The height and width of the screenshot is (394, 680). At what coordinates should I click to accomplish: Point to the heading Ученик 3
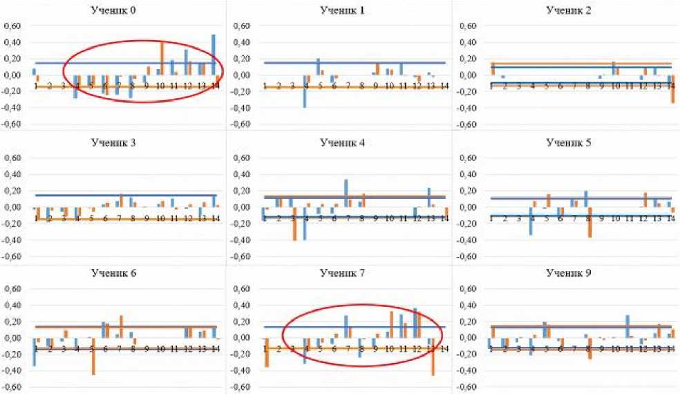[113, 142]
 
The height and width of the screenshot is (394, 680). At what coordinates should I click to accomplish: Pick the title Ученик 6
[113, 273]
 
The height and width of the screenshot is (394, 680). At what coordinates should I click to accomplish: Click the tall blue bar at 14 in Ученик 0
[214, 55]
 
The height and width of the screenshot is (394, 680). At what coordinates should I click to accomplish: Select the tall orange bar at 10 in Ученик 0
[162, 58]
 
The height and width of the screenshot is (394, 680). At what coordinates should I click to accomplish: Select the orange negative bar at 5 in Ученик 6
[93, 356]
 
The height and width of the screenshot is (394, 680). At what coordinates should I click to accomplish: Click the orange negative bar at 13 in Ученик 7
[433, 357]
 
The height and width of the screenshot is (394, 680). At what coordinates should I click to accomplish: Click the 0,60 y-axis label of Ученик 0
[13, 26]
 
